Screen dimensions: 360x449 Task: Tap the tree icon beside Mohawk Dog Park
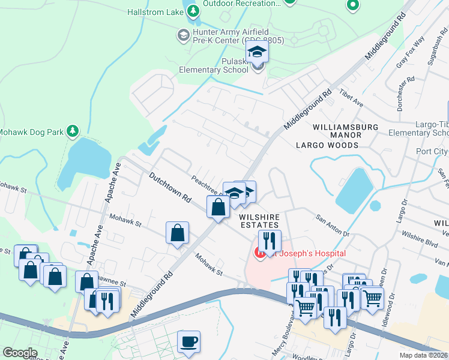[73, 130]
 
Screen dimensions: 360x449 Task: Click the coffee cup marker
[190, 342]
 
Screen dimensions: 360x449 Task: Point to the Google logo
[20, 353]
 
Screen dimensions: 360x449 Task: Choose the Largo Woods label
[327, 145]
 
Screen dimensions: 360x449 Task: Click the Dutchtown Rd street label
[170, 188]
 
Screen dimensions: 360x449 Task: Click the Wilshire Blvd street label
[419, 235]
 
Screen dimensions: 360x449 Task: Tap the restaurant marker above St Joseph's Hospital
[270, 241]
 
